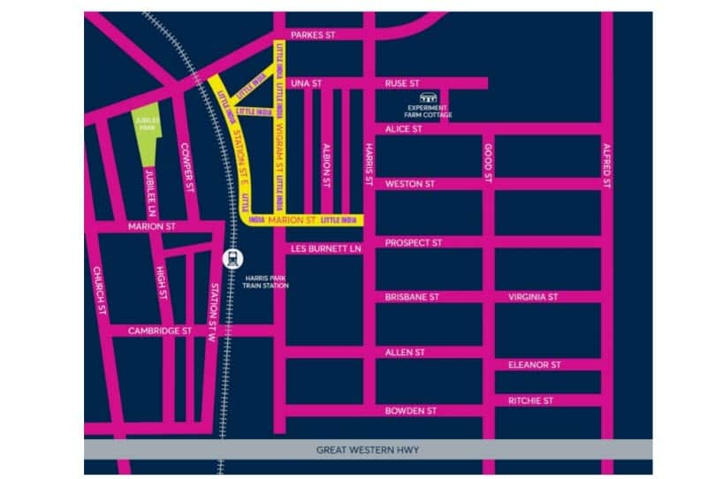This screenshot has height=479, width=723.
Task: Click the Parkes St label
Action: [314, 34]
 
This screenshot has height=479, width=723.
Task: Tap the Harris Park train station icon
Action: [231, 260]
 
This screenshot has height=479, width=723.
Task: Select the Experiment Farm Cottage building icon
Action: [430, 98]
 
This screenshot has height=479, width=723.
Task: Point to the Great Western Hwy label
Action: [368, 450]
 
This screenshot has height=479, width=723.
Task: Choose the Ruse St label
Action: [402, 83]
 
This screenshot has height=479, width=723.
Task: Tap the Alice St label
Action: [404, 129]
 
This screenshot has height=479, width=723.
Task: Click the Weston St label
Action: [410, 184]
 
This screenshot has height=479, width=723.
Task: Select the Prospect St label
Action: [414, 242]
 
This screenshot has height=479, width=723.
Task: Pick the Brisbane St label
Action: [412, 297]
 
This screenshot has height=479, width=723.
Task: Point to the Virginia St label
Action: [533, 297]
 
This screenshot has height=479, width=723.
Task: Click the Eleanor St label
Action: [534, 364]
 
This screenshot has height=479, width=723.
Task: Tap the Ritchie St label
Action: [530, 400]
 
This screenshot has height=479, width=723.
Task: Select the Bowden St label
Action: [411, 411]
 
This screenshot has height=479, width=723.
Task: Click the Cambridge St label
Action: [160, 331]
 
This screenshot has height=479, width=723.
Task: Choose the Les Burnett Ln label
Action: [326, 249]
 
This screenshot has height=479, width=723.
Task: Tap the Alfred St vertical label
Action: [606, 165]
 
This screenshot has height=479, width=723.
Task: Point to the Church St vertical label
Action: [100, 293]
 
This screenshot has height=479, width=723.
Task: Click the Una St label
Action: [307, 83]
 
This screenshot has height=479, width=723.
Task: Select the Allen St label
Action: [405, 352]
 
